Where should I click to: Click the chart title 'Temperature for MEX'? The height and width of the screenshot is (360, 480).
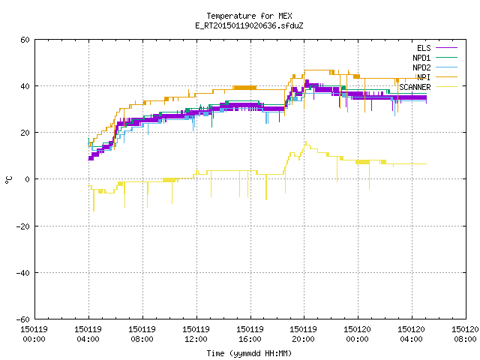pyautogui.click(x=249, y=16)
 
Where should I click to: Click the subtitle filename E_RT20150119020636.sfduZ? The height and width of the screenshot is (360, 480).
pyautogui.click(x=249, y=25)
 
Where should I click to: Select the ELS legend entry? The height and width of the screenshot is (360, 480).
pyautogui.click(x=424, y=48)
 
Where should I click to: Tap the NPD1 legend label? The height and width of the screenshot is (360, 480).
pyautogui.click(x=421, y=58)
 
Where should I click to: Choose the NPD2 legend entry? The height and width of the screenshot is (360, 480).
pyautogui.click(x=421, y=67)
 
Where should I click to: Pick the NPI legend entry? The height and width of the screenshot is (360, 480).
pyautogui.click(x=424, y=77)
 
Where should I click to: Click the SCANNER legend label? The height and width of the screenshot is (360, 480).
pyautogui.click(x=415, y=87)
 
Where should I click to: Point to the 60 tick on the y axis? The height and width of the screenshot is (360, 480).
pyautogui.click(x=25, y=40)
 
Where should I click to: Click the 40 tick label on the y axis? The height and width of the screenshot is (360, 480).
pyautogui.click(x=25, y=86)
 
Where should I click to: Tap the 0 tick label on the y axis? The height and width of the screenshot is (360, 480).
pyautogui.click(x=28, y=179)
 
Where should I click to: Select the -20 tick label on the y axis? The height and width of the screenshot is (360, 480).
pyautogui.click(x=23, y=226)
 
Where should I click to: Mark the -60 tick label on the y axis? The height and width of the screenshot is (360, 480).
pyautogui.click(x=23, y=319)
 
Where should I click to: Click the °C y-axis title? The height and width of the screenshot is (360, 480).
pyautogui.click(x=9, y=180)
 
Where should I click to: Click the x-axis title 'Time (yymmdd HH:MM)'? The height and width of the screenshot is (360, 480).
pyautogui.click(x=249, y=353)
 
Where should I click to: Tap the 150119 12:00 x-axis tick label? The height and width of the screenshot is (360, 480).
pyautogui.click(x=196, y=334)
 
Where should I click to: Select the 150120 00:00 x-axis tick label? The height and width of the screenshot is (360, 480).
pyautogui.click(x=358, y=334)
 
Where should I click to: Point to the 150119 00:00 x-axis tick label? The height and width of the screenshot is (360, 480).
pyautogui.click(x=34, y=334)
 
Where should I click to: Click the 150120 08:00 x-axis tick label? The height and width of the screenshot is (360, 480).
pyautogui.click(x=465, y=334)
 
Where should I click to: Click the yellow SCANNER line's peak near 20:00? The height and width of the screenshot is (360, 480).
pyautogui.click(x=305, y=142)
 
